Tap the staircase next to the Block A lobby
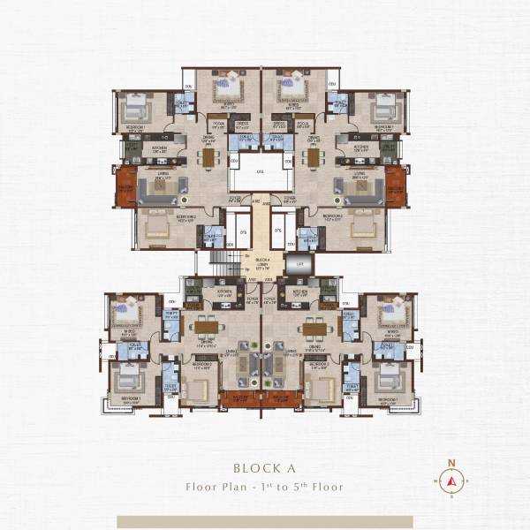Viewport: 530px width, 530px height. pyautogui.click(x=223, y=261)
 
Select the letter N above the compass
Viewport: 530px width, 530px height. pyautogui.click(x=451, y=462)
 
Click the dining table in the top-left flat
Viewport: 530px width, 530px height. pyautogui.click(x=208, y=156)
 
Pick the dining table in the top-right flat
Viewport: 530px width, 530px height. pyautogui.click(x=313, y=156)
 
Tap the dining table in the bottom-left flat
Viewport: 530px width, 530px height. pyautogui.click(x=206, y=327)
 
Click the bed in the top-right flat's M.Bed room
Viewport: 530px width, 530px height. pyautogui.click(x=291, y=87)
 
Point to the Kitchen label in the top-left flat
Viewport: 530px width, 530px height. pyautogui.click(x=159, y=148)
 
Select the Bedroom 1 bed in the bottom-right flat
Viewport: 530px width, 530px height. pyautogui.click(x=387, y=381)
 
